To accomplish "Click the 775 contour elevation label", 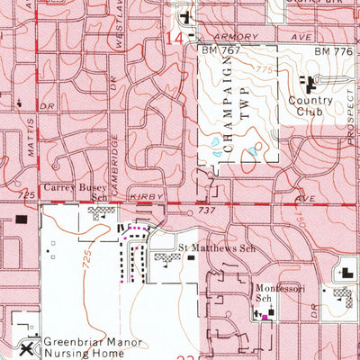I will (x=262, y=69).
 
